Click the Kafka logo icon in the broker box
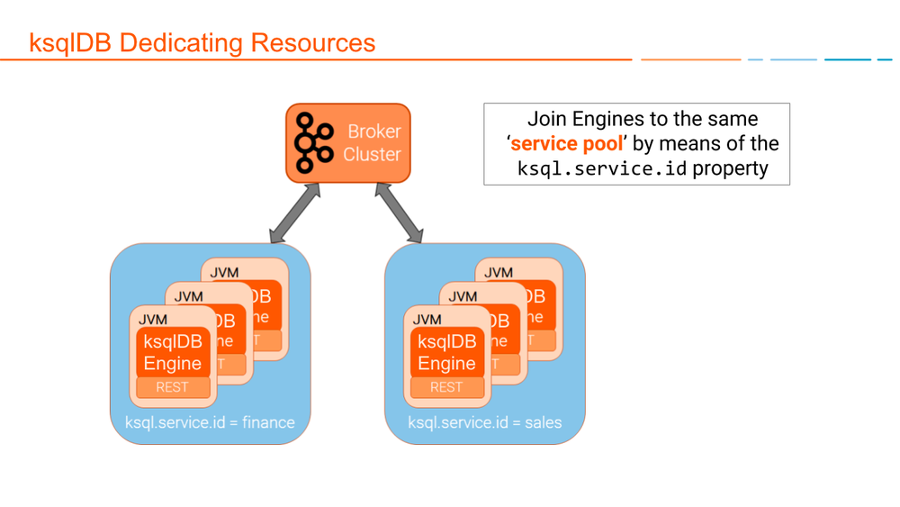pyautogui.click(x=313, y=143)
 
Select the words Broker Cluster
pyautogui.click(x=373, y=143)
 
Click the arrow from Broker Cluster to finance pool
pyautogui.click(x=295, y=213)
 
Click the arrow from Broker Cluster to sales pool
pyautogui.click(x=399, y=213)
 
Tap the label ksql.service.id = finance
pyautogui.click(x=210, y=422)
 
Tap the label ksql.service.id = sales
pyautogui.click(x=484, y=422)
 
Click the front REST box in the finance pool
pyautogui.click(x=173, y=387)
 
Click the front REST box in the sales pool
pyautogui.click(x=446, y=387)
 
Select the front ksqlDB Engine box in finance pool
pyautogui.click(x=173, y=352)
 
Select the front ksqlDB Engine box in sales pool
pyautogui.click(x=446, y=352)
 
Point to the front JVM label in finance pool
pyautogui.click(x=153, y=320)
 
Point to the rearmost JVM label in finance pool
pyautogui.click(x=225, y=273)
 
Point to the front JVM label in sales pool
pyautogui.click(x=427, y=320)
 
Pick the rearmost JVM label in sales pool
pyautogui.click(x=499, y=273)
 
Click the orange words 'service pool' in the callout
pyautogui.click(x=567, y=144)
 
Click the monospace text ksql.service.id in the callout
pyautogui.click(x=602, y=168)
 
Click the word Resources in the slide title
pyautogui.click(x=313, y=42)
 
